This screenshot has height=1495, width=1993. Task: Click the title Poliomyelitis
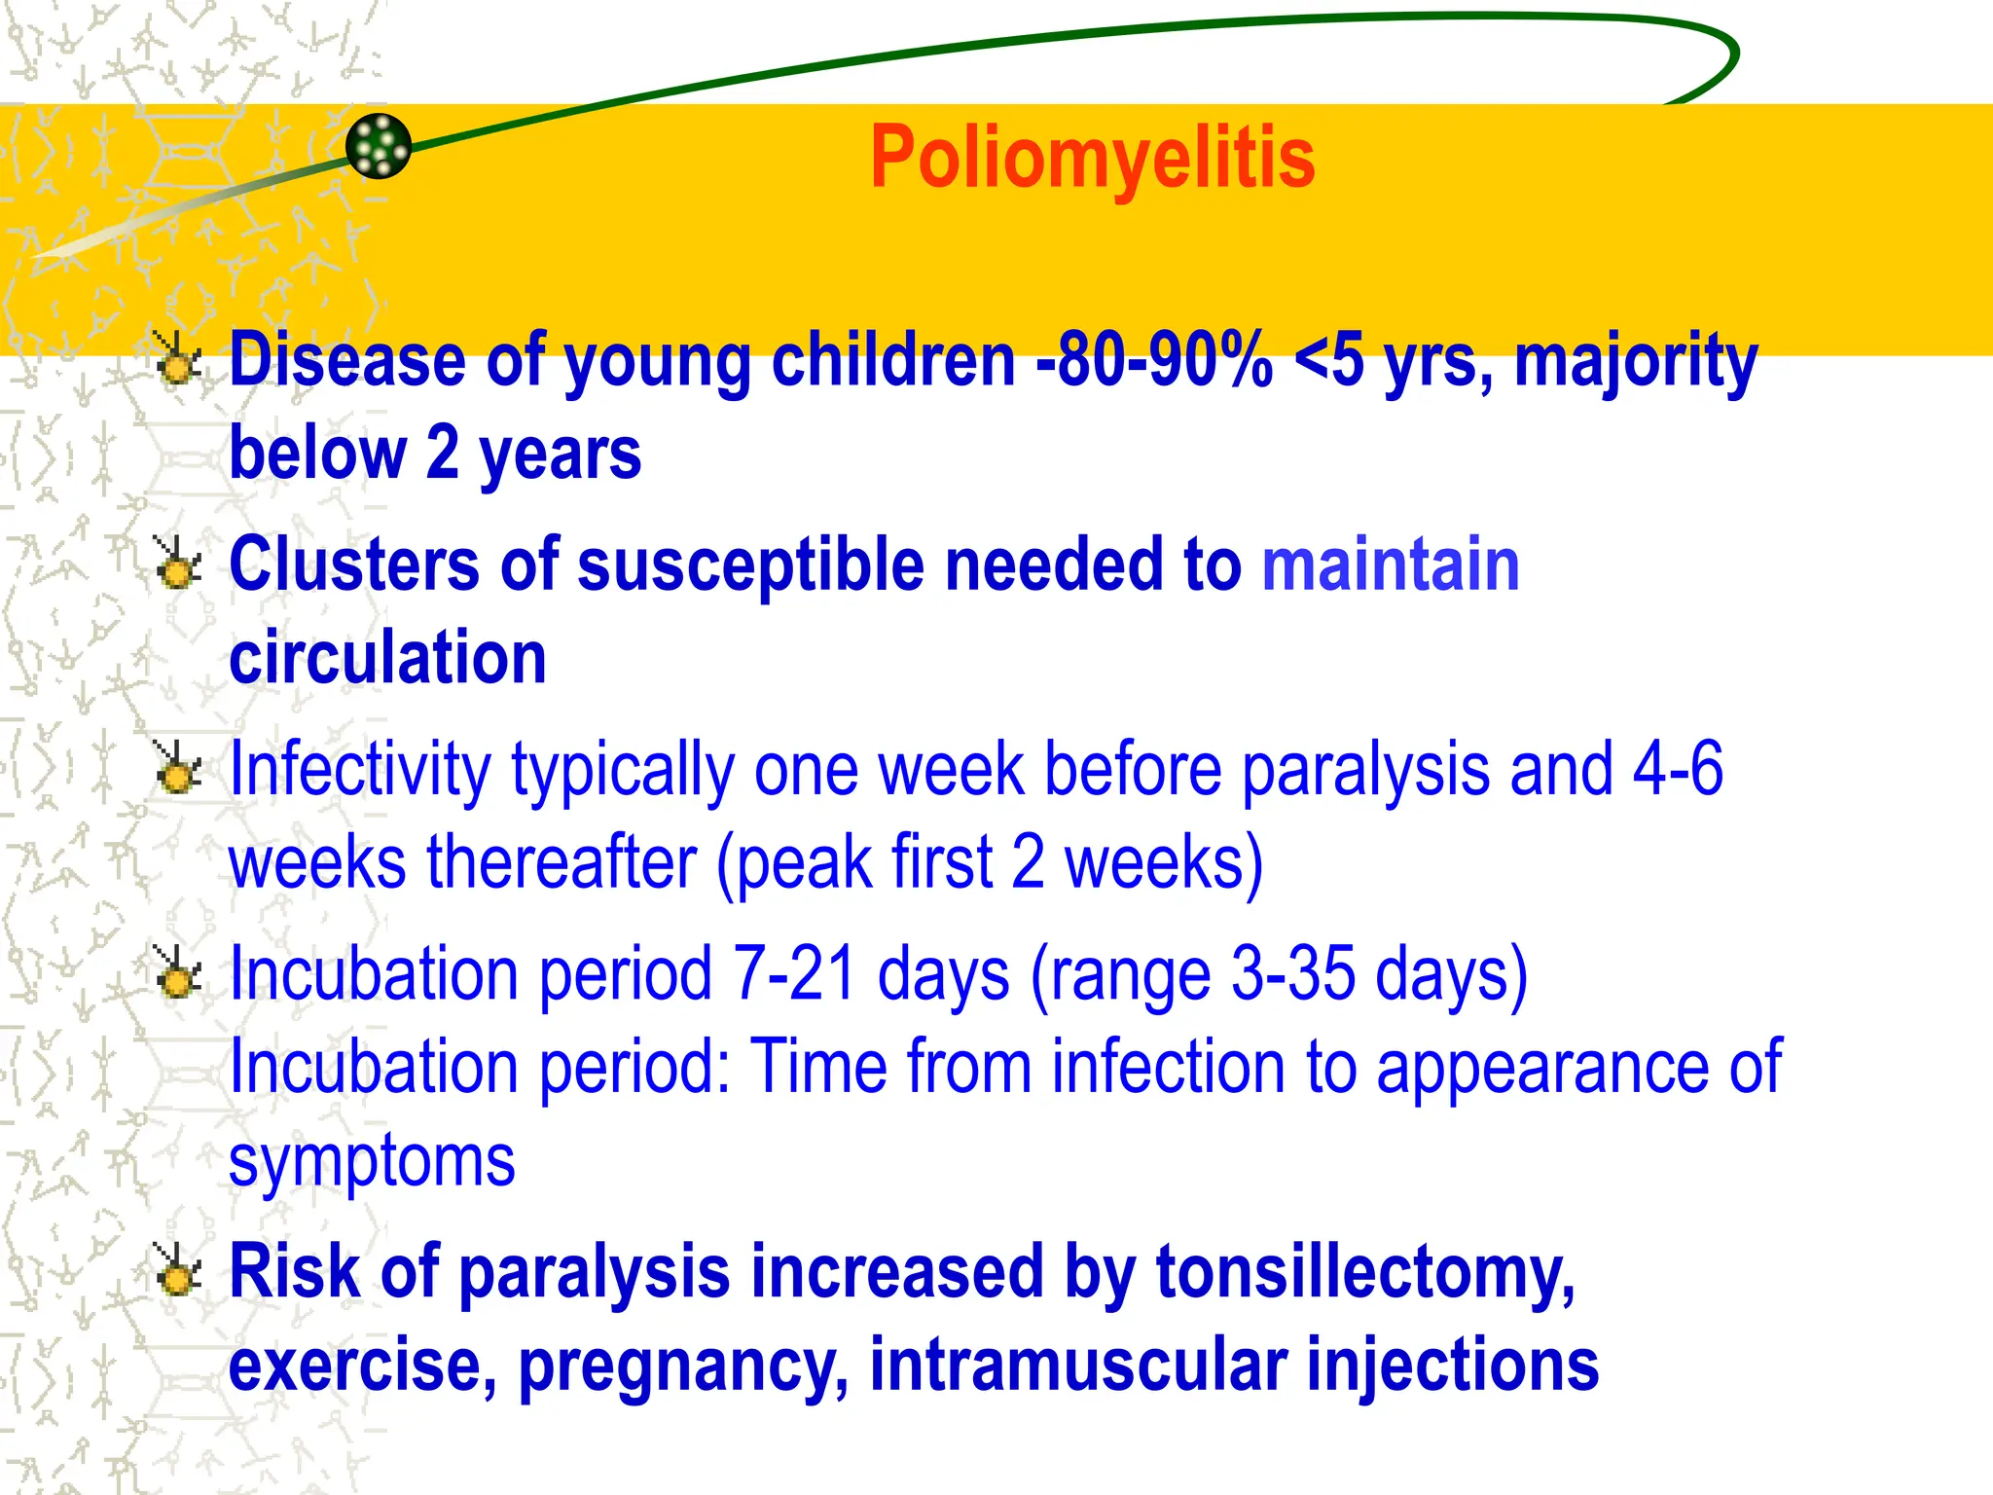[1092, 158]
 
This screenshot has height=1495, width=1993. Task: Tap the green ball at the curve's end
[379, 146]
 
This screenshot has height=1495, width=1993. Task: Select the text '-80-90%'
[1154, 360]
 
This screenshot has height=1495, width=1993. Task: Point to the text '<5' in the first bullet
[1329, 360]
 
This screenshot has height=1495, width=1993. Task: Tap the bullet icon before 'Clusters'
[178, 565]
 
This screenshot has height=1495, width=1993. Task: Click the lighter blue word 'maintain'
[1391, 565]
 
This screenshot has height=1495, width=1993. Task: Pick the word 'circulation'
[387, 658]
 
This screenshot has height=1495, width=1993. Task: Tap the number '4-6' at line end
[1678, 769]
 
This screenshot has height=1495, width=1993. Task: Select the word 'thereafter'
[562, 863]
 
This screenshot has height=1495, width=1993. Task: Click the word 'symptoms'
[372, 1162]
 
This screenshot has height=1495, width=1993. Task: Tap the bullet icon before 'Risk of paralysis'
[178, 1272]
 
